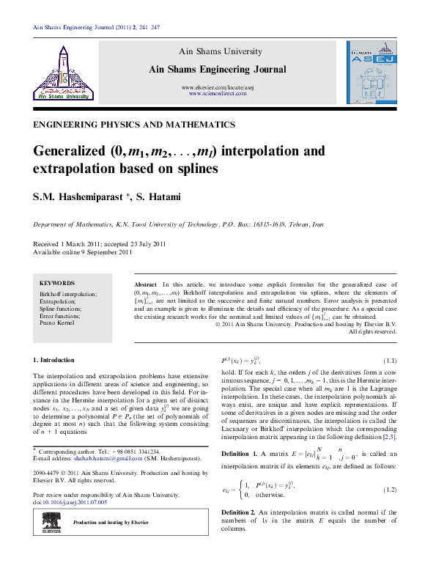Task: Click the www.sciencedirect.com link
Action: point(215,94)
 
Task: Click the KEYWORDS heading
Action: point(56,283)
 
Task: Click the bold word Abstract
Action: point(147,284)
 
